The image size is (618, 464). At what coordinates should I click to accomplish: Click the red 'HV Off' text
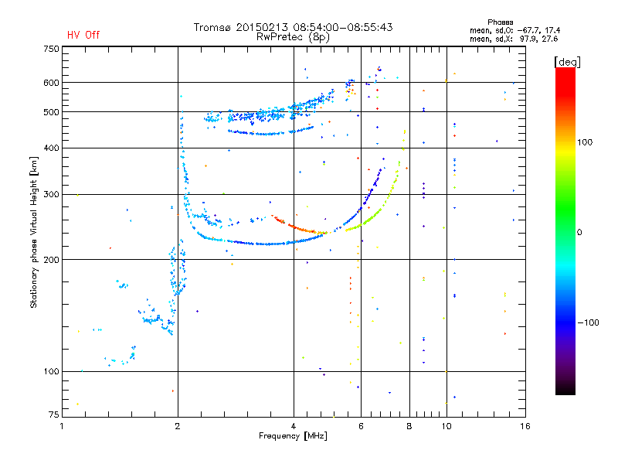tap(83, 35)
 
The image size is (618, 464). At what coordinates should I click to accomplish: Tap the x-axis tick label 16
tap(524, 425)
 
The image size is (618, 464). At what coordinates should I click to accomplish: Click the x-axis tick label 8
tap(409, 425)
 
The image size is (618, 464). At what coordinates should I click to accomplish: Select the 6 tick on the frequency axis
tap(361, 425)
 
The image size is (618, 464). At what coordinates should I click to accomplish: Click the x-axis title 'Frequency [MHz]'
tap(294, 436)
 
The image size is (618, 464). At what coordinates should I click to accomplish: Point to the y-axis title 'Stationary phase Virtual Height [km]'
tap(34, 232)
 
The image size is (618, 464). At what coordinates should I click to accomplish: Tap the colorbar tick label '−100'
tap(588, 322)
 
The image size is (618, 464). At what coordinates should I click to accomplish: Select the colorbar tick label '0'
tap(579, 232)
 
